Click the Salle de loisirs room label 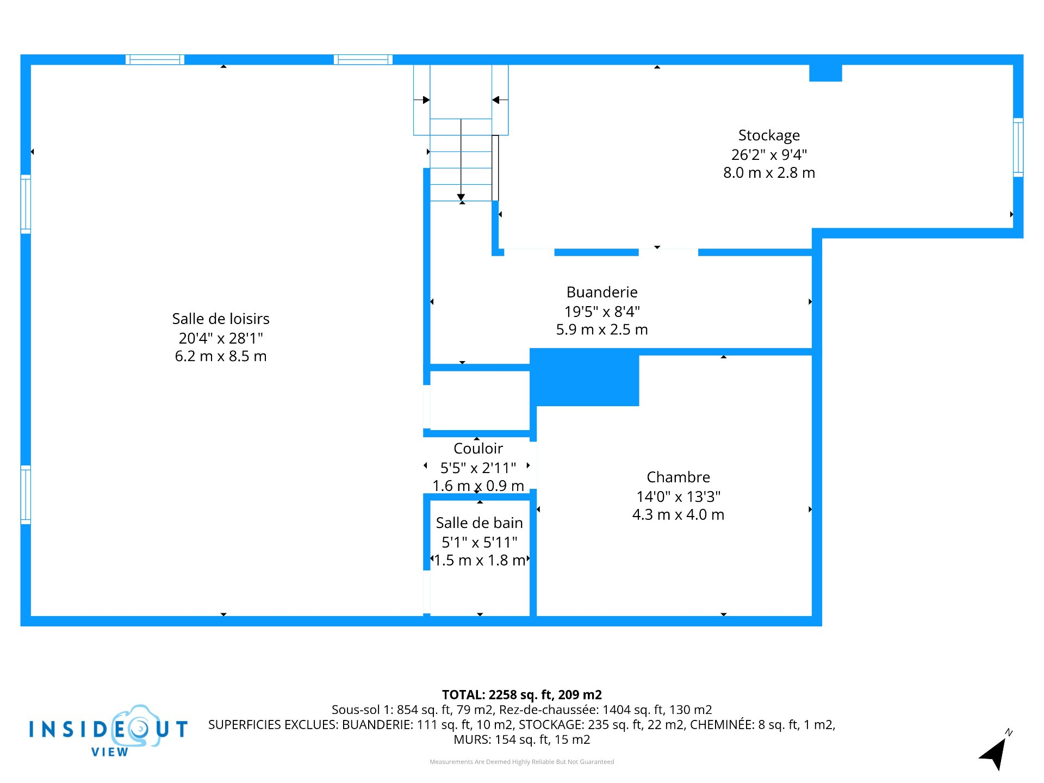point(221,319)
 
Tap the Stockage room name point(769,135)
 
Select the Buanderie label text point(602,292)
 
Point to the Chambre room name point(678,477)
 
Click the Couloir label point(478,448)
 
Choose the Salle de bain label point(479,523)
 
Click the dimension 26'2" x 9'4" point(769,154)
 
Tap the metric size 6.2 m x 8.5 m point(221,356)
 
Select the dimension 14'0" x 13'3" point(678,496)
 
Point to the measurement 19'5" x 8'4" point(602,312)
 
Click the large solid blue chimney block point(585,377)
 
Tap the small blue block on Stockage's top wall point(825,73)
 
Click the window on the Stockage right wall point(1018,147)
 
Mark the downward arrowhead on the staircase point(461,197)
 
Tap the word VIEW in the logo point(110,752)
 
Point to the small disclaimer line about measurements point(522,762)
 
